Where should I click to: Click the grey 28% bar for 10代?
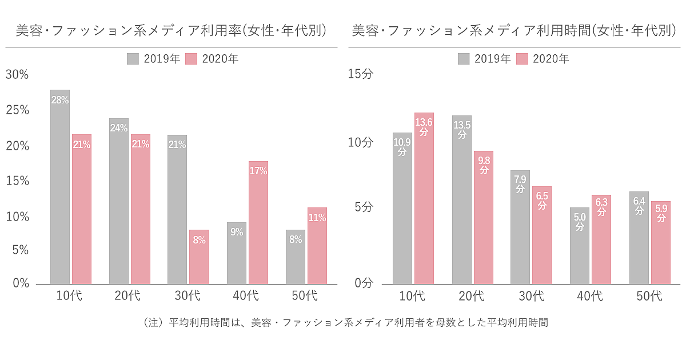(60, 189)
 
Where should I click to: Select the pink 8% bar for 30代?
(199, 257)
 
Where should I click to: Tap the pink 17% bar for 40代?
(258, 223)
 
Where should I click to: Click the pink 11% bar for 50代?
(317, 246)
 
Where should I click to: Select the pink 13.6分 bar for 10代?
(424, 200)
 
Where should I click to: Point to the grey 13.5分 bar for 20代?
(462, 200)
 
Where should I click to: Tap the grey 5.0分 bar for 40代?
(580, 246)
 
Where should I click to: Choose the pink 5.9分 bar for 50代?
(661, 243)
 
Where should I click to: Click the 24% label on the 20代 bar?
(119, 129)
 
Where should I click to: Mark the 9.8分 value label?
(484, 165)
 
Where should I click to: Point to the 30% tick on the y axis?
(17, 74)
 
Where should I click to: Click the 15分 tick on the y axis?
(361, 74)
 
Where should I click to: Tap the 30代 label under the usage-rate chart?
(188, 296)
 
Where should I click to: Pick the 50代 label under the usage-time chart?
(650, 296)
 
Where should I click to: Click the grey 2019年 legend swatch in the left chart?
(133, 59)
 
